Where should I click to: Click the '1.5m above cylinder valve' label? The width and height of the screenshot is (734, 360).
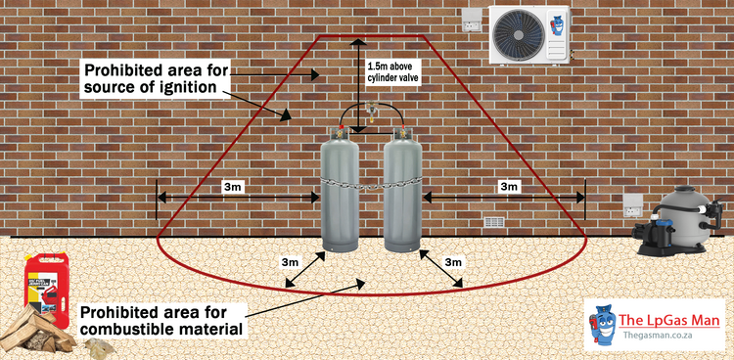pos(392,73)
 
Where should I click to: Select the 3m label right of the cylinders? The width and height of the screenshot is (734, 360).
pos(508,186)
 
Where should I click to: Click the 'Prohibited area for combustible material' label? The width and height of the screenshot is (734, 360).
pos(161,321)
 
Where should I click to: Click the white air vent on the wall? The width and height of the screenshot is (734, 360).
pos(496,222)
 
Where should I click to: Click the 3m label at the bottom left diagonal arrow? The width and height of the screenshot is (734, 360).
pos(290,262)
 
